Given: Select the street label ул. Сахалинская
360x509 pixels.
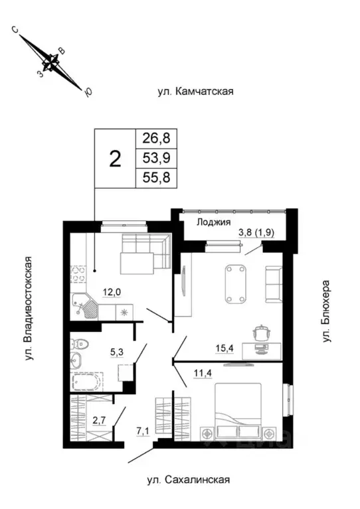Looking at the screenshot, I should coord(189,480).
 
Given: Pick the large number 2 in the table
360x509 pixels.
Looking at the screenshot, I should coord(115,159).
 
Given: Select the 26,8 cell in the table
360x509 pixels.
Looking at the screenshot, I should coord(157,139).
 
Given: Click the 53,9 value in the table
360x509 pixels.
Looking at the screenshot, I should coord(157,159).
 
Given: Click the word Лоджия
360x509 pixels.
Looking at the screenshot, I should coord(213,222).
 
